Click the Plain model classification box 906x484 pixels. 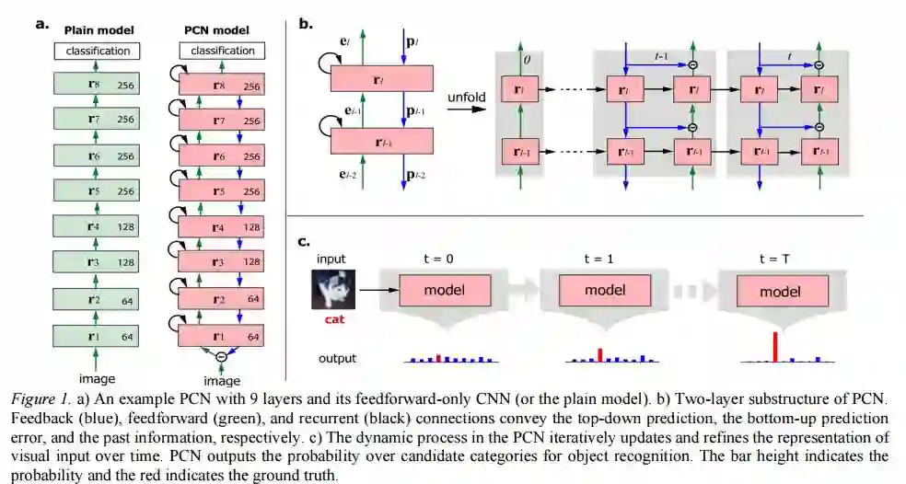99,51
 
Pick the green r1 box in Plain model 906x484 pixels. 99,337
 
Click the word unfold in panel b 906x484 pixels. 466,96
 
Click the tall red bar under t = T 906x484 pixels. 775,346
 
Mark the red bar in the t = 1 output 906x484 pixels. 600,354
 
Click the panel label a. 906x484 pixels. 41,25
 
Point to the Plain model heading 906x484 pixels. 99,30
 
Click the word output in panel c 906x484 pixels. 337,358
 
